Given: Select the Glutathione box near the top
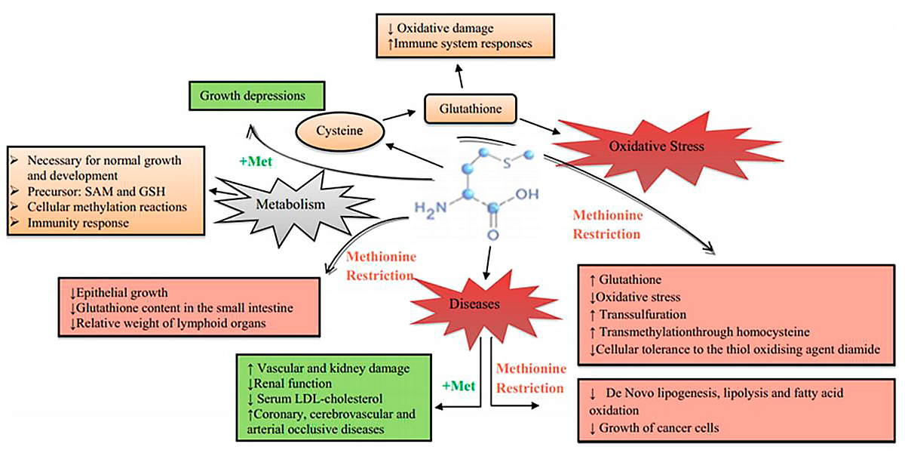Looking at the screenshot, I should click(x=472, y=108).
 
